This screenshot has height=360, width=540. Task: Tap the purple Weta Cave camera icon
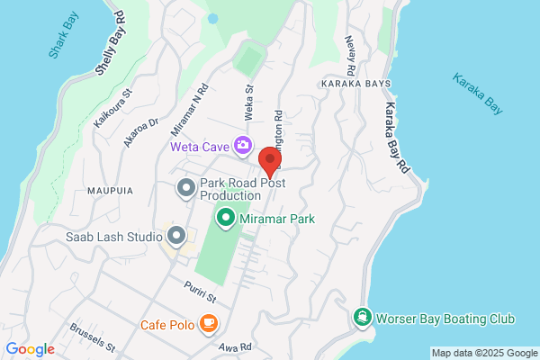[242, 145]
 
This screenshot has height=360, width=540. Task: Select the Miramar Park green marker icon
[224, 217]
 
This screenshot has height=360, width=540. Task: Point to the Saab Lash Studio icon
[176, 237]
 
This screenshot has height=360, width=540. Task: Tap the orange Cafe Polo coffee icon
[208, 322]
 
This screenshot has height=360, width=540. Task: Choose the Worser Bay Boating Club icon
[362, 318]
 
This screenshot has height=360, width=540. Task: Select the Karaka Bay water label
[477, 94]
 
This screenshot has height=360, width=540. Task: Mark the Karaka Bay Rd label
[398, 136]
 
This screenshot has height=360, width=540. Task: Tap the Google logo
[30, 349]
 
